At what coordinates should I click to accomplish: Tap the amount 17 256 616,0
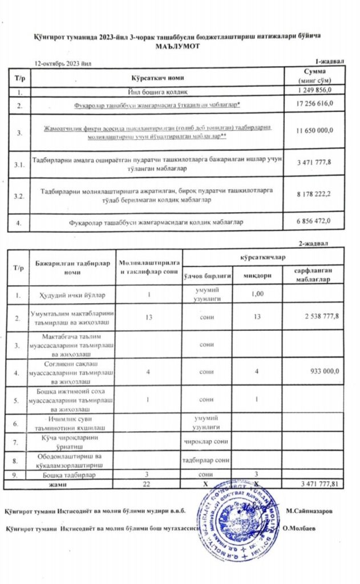pyautogui.click(x=314, y=105)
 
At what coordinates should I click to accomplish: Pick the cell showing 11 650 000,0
pyautogui.click(x=314, y=131)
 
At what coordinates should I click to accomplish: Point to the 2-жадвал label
pyautogui.click(x=314, y=244)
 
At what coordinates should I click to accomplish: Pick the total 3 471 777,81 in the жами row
pyautogui.click(x=319, y=484)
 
